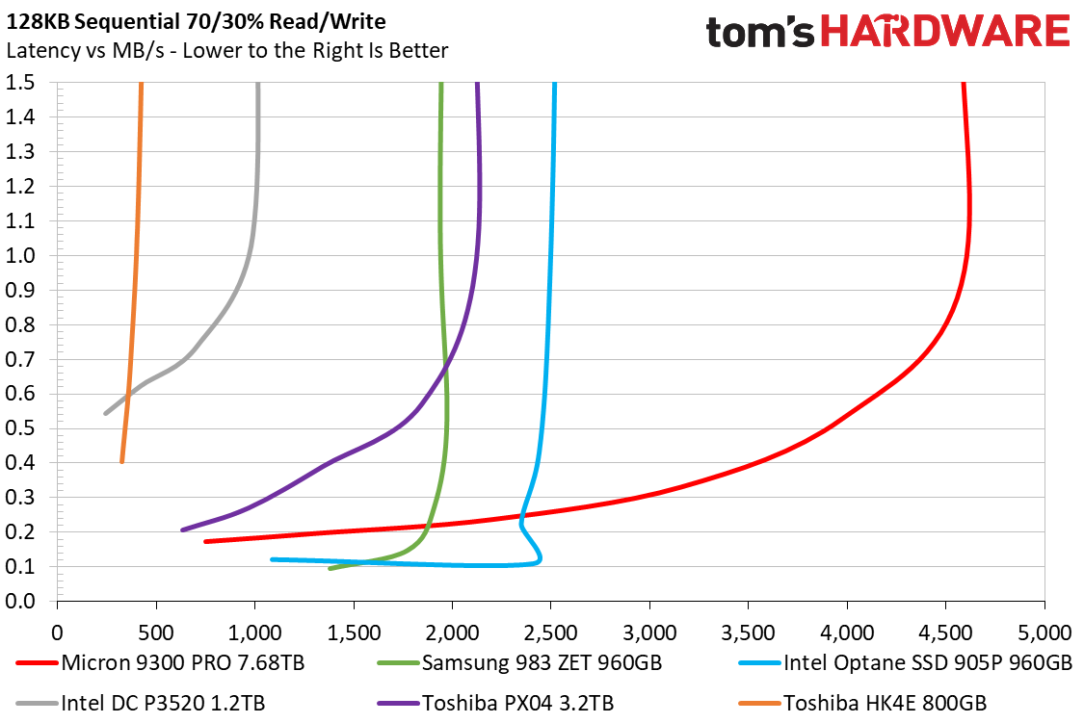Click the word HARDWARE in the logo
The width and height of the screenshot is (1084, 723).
(943, 32)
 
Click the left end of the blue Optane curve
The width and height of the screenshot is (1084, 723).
(274, 559)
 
